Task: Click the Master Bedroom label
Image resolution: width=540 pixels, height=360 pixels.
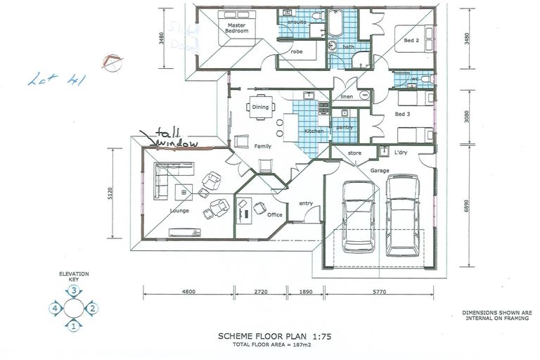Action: tap(235, 28)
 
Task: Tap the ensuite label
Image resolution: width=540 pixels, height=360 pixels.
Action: tap(293, 22)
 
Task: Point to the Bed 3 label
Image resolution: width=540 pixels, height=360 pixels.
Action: tap(403, 114)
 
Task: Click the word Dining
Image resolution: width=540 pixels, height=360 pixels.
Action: tap(260, 108)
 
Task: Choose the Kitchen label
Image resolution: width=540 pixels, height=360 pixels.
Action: tap(314, 131)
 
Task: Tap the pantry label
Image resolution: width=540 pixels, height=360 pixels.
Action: tap(344, 127)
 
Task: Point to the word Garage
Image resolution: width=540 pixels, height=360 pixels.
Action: tap(380, 171)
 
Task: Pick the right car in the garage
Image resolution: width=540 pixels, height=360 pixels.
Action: tap(402, 216)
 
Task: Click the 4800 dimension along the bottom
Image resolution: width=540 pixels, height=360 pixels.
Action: tap(187, 290)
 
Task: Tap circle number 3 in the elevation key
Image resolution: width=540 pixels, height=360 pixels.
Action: tap(74, 290)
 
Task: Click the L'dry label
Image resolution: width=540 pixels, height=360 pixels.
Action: tap(401, 153)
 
